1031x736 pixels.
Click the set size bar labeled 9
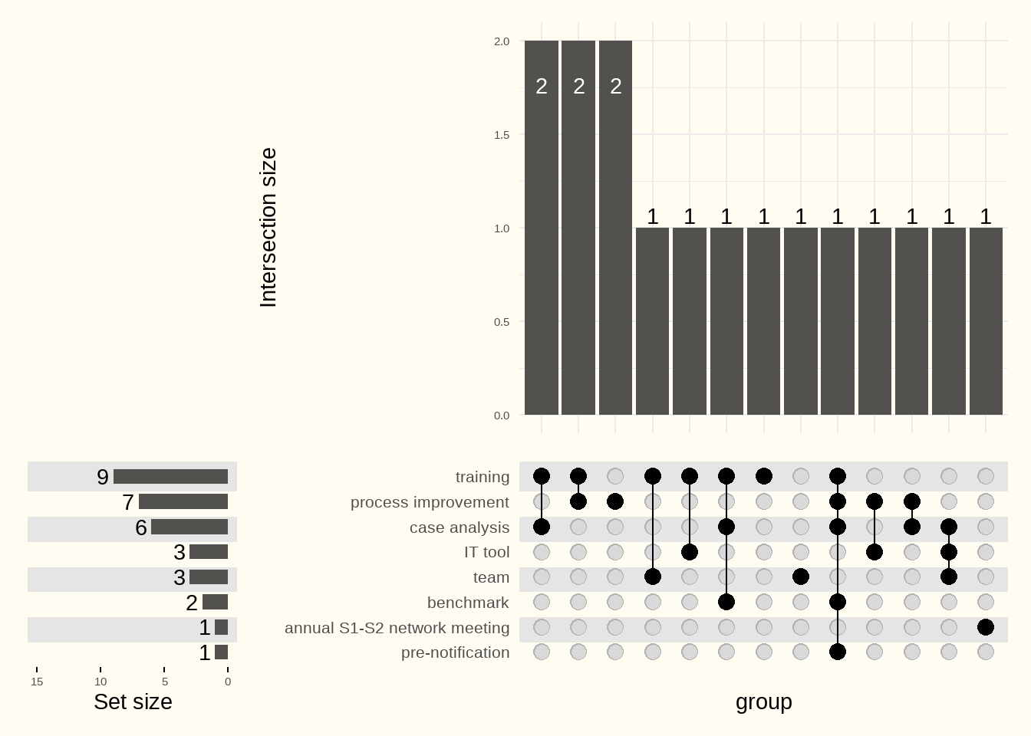(170, 477)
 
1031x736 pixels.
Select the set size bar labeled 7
(183, 502)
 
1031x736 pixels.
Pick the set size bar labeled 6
(189, 527)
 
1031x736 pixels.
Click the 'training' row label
(482, 477)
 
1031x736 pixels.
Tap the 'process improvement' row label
(430, 502)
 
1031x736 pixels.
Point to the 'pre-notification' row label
(455, 652)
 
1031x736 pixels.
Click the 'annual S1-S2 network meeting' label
(397, 628)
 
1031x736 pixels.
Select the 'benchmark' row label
(468, 603)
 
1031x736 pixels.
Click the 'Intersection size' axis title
(268, 228)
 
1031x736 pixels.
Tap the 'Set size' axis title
(133, 701)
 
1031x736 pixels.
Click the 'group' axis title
(763, 701)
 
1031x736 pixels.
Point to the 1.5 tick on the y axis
(502, 135)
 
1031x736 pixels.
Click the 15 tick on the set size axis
(37, 682)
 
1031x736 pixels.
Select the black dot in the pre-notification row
(838, 652)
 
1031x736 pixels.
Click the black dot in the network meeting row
(986, 627)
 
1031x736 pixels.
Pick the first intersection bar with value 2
(542, 228)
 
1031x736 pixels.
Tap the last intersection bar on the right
(986, 321)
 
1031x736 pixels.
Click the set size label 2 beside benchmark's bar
(192, 603)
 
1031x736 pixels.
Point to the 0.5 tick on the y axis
(502, 322)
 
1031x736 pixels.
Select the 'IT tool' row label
(486, 552)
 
